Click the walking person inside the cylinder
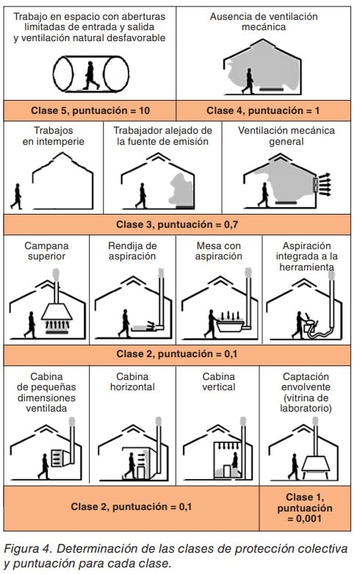pos(90,76)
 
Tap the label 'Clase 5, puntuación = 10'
pos(90,110)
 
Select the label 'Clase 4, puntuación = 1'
pos(263,110)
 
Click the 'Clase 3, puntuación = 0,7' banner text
pos(177,224)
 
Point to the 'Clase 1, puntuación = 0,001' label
pos(304,508)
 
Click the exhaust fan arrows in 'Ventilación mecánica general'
pos(325,184)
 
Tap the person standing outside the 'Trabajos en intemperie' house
pos(16,196)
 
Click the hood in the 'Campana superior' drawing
pos(57,312)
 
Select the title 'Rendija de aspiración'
pos(132,251)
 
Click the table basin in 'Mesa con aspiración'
pos(230,326)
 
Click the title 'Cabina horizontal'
pos(132,382)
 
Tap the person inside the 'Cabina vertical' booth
pos(234,461)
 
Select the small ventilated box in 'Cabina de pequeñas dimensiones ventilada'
pos(58,458)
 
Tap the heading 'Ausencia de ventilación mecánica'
pos(264,21)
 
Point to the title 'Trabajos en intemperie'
pos(54,136)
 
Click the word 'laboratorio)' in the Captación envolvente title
pos(306,408)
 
